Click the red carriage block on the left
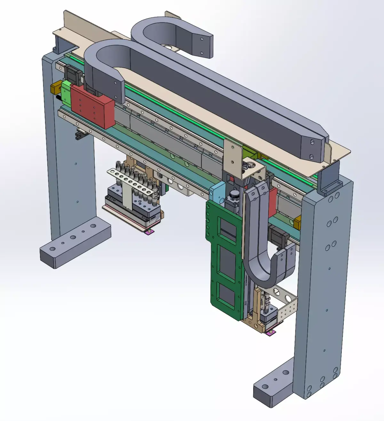click(93, 107)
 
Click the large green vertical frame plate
click(224, 262)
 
